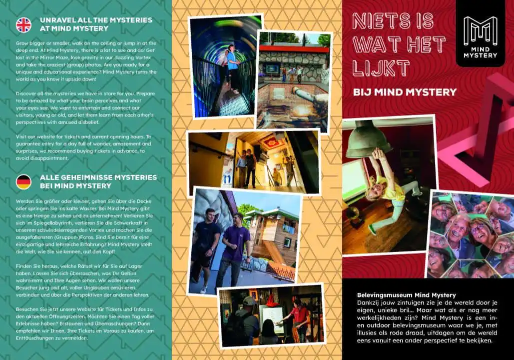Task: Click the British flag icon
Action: (x=23, y=25)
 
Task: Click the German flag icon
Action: (x=23, y=182)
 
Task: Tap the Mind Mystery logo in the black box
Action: (x=480, y=37)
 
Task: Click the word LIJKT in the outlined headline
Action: (x=381, y=68)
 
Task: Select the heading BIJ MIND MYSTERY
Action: (x=405, y=92)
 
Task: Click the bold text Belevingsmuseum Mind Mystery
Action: (x=407, y=295)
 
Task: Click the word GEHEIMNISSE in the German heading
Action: (x=83, y=177)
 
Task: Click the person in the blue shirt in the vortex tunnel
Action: (x=233, y=67)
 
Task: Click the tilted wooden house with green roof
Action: (x=273, y=237)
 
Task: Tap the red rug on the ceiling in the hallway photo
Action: (x=271, y=142)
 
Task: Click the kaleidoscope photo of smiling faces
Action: (x=471, y=234)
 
